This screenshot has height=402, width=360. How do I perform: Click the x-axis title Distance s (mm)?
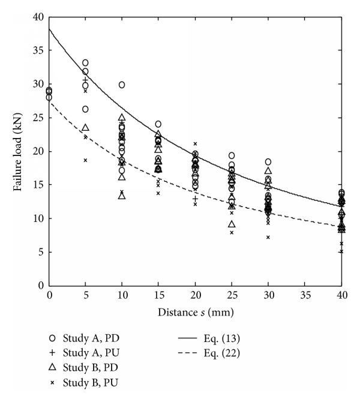195,311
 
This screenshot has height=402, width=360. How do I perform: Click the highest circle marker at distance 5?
85,63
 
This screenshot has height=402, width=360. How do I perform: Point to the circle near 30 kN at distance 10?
122,85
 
